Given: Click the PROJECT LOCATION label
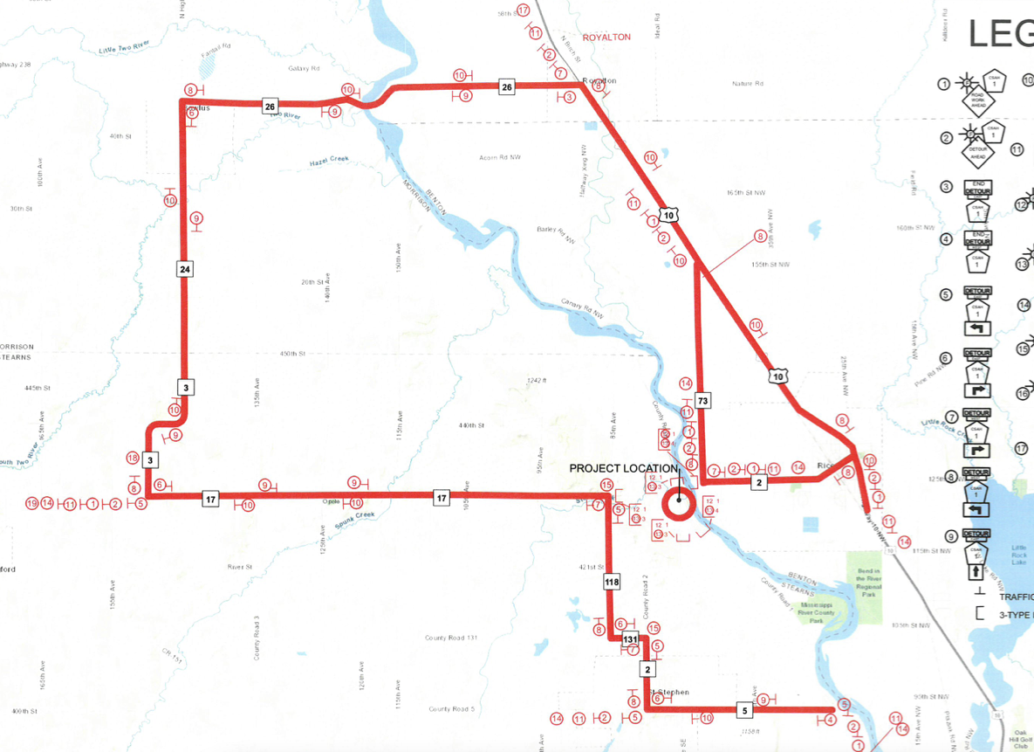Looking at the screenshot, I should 623,468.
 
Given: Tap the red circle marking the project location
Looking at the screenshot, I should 678,503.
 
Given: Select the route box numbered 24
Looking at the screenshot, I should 184,269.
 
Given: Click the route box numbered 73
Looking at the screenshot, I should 703,400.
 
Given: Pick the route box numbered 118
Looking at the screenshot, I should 611,582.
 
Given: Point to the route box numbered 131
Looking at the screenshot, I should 630,641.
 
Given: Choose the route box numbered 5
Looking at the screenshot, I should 744,710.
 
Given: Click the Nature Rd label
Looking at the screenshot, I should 748,84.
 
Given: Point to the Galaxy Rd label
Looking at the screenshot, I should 304,68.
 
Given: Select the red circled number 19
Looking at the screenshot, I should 32,503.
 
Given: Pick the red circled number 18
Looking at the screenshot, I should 133,458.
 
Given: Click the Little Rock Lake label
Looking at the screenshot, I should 1017,555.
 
